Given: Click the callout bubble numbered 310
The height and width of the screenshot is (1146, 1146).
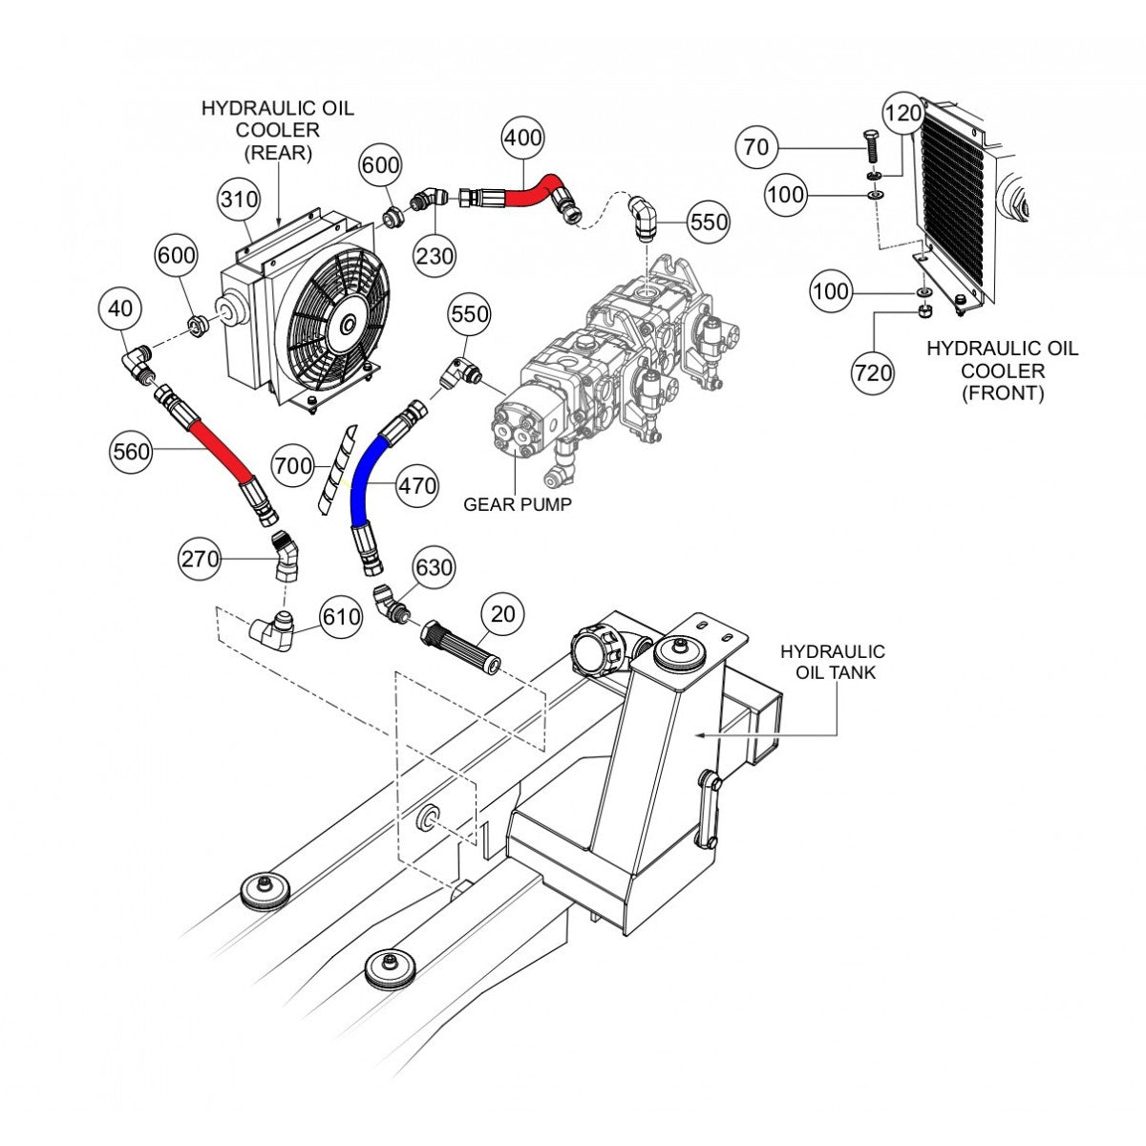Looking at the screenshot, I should tap(239, 200).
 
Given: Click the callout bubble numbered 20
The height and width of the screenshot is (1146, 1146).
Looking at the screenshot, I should tap(504, 613).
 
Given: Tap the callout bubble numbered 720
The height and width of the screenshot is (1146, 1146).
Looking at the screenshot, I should tap(875, 372).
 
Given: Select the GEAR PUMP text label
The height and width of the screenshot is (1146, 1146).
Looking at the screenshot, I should tap(518, 504).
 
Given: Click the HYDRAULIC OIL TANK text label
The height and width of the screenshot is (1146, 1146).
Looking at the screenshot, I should tap(832, 662).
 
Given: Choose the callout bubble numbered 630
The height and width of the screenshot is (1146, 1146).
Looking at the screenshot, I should tap(433, 568).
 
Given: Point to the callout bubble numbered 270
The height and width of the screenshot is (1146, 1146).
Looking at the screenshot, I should tap(201, 559).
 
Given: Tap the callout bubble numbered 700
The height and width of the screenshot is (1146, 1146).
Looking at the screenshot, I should tap(293, 466).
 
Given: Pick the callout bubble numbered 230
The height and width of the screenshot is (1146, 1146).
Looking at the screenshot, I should tap(435, 255).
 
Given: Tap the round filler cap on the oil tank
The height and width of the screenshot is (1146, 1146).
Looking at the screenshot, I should tap(590, 650).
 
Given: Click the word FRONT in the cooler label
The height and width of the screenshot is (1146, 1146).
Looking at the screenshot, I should tap(1002, 393).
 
